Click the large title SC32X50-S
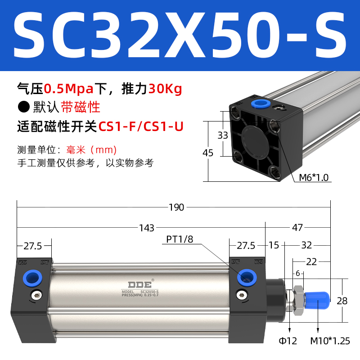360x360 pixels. click(x=180, y=36)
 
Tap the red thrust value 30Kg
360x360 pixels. click(x=165, y=89)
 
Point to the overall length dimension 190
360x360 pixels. click(x=176, y=207)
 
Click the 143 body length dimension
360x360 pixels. click(x=147, y=228)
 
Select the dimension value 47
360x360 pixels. click(x=297, y=228)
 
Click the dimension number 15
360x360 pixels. click(x=274, y=245)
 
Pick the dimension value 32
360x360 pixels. click(x=306, y=245)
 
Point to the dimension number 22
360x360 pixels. click(x=311, y=261)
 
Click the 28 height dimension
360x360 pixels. click(x=342, y=301)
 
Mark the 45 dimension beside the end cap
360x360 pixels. click(x=208, y=153)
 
